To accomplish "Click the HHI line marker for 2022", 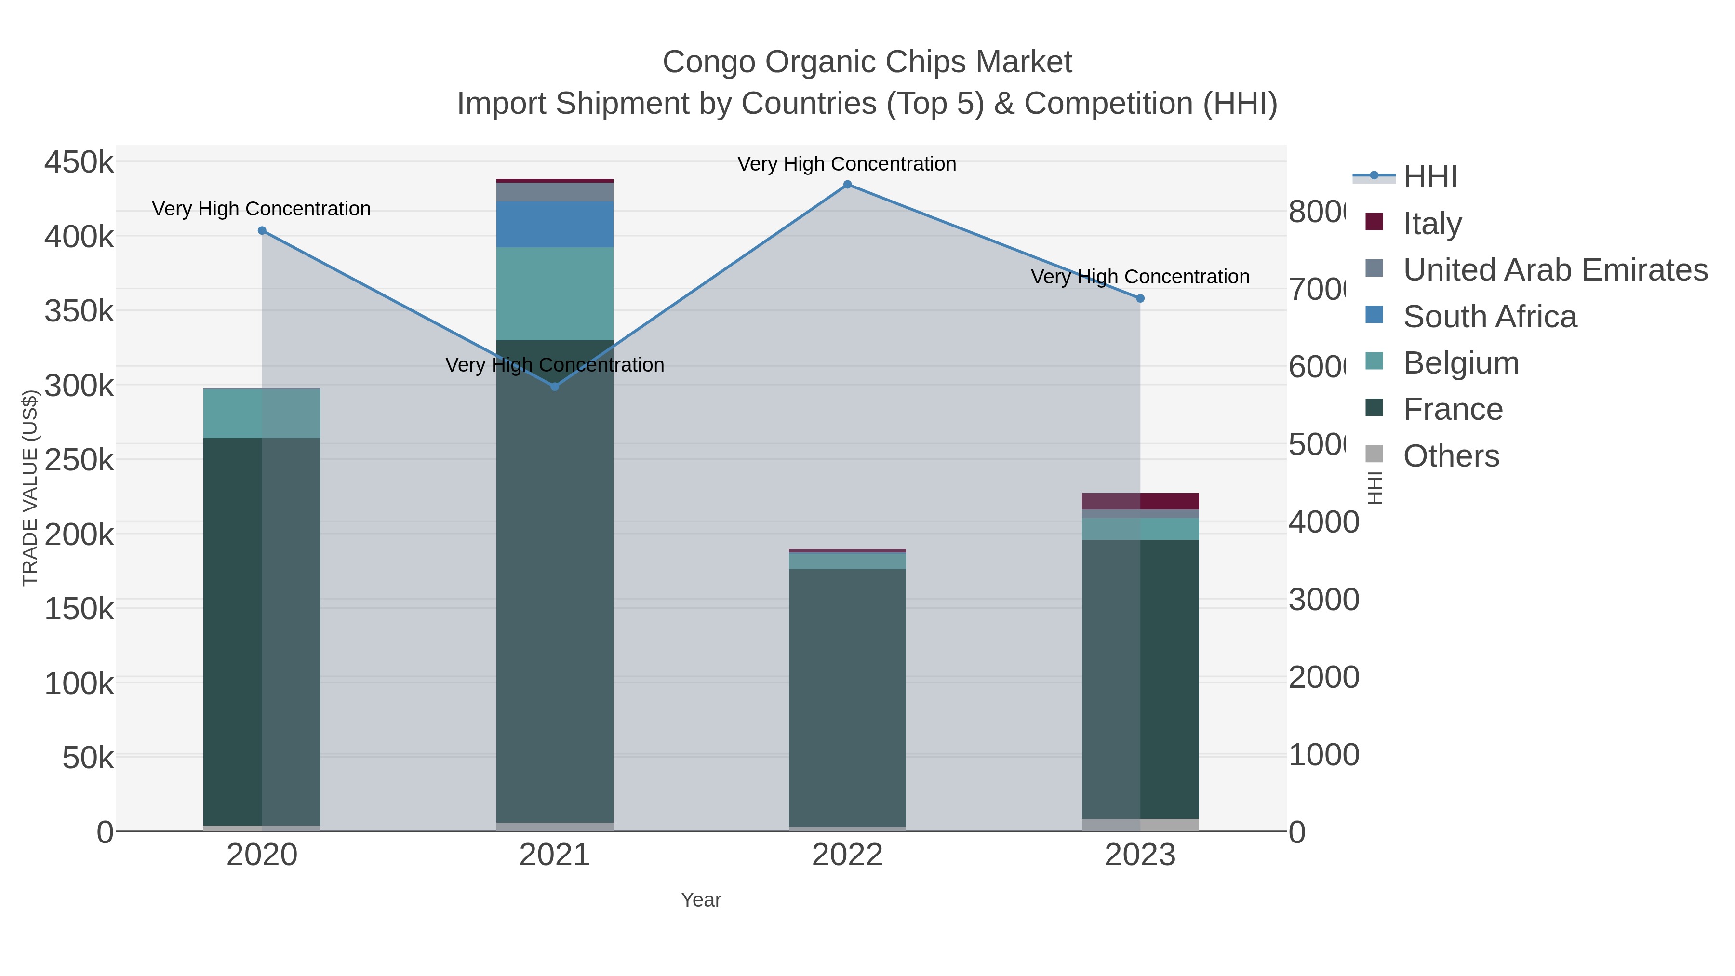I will click(x=847, y=185).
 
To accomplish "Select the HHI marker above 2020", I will click(x=262, y=230).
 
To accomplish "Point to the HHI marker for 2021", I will click(x=554, y=387).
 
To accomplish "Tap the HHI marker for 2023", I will click(x=1140, y=298).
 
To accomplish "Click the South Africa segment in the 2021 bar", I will click(x=554, y=224).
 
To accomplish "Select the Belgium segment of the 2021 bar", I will click(x=554, y=294).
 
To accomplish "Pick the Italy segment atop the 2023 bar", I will click(x=1140, y=501).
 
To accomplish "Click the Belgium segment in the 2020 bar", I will click(x=262, y=414).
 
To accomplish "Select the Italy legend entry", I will click(x=1432, y=223).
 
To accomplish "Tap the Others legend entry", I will click(x=1451, y=456).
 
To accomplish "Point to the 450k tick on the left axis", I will click(x=79, y=162).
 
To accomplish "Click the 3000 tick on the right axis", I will click(x=1323, y=600).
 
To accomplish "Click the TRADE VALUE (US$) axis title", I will click(x=30, y=488).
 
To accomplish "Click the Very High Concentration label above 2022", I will click(x=847, y=164).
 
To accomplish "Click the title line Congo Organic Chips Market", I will click(x=867, y=62).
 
